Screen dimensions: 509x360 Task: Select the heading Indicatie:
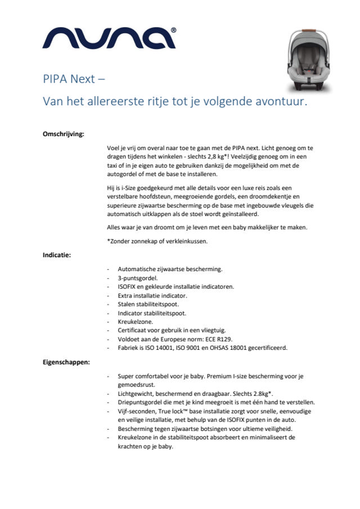click(x=57, y=254)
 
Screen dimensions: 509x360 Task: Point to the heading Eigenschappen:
click(x=66, y=363)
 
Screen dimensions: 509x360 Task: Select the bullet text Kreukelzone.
click(x=135, y=321)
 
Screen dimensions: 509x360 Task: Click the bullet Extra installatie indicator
click(x=152, y=295)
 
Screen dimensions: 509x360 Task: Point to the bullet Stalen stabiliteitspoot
click(x=148, y=304)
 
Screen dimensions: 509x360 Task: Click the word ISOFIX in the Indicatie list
click(x=128, y=286)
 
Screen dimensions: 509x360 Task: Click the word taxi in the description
click(x=114, y=166)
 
